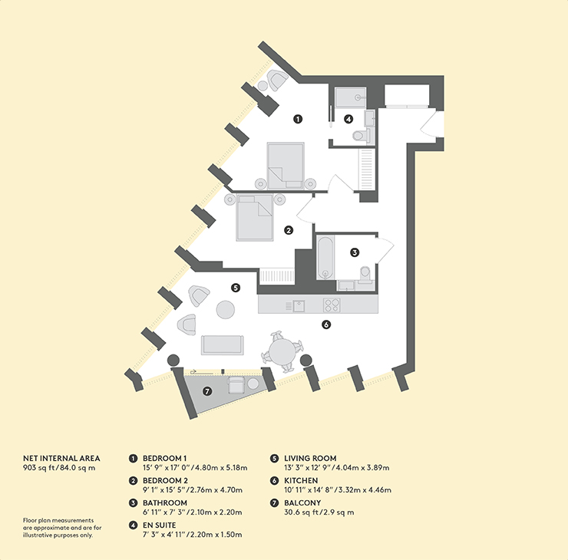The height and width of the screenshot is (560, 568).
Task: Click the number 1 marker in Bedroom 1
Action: [x=298, y=119]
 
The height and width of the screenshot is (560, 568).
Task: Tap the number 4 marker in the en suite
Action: [x=348, y=119]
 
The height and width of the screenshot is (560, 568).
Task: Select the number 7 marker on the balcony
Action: [x=207, y=391]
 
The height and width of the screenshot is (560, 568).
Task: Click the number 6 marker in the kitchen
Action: [x=326, y=324]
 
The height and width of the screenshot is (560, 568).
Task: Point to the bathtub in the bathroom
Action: [x=325, y=258]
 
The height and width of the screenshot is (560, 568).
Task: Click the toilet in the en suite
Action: [x=361, y=135]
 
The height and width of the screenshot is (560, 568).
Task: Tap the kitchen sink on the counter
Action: [x=299, y=306]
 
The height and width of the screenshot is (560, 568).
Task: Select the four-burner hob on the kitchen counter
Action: [x=332, y=305]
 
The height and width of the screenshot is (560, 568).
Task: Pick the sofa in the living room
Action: [x=223, y=345]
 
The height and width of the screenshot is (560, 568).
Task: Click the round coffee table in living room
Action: [x=226, y=310]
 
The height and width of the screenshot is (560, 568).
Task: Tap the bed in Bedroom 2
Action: [x=255, y=217]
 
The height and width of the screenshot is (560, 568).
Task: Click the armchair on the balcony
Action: [x=236, y=385]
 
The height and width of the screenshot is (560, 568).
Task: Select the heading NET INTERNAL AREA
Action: [x=61, y=458]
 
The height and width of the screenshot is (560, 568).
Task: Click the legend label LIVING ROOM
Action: [x=310, y=458]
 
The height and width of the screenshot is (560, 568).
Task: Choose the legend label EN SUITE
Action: [x=159, y=525]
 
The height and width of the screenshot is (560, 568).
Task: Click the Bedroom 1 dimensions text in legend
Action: [x=195, y=468]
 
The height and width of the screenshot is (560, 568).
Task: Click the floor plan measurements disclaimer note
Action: [x=62, y=528]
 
